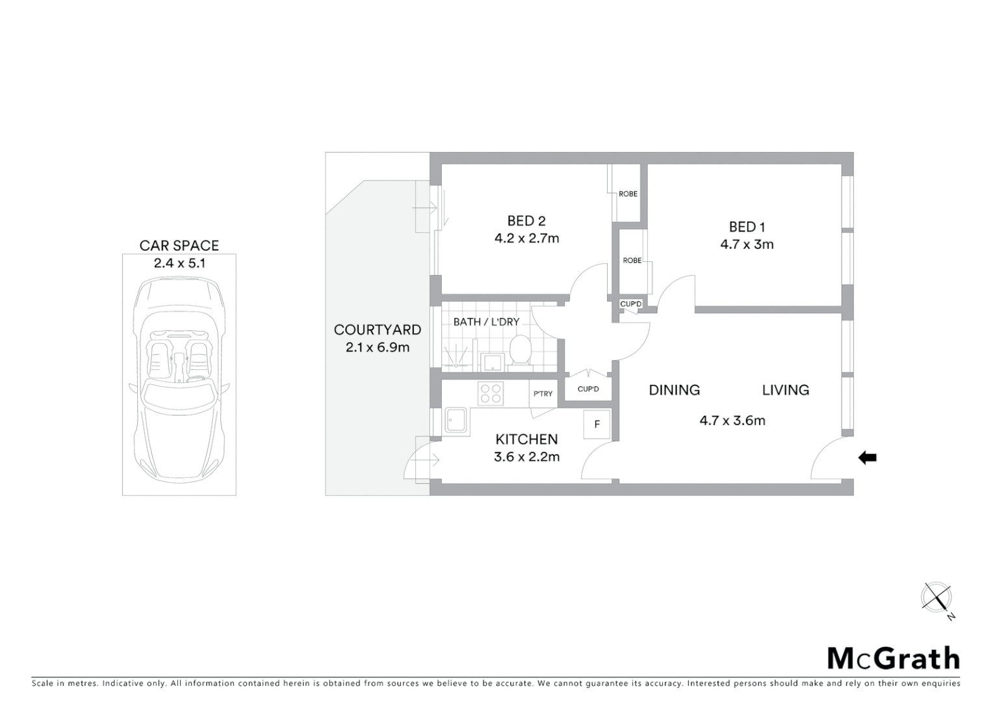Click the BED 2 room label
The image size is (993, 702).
click(526, 221)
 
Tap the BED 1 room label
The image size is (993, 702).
click(747, 227)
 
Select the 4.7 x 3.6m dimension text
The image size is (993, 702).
click(732, 421)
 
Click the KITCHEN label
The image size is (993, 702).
click(526, 439)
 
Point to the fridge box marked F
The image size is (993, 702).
click(597, 425)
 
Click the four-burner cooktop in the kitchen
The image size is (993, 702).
click(491, 393)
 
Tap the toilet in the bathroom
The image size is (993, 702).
click(519, 350)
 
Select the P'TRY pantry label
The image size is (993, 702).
click(543, 394)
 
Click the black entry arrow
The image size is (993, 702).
click(868, 458)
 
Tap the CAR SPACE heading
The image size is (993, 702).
click(179, 246)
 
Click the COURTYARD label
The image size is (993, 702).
click(377, 330)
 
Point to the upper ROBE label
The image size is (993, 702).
click(628, 194)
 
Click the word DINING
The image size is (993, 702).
click(675, 390)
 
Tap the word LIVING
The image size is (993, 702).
click(785, 390)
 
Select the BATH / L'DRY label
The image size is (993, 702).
click(486, 322)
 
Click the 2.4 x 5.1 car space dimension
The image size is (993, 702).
click(179, 263)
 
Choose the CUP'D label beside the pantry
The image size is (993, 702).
click(588, 389)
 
